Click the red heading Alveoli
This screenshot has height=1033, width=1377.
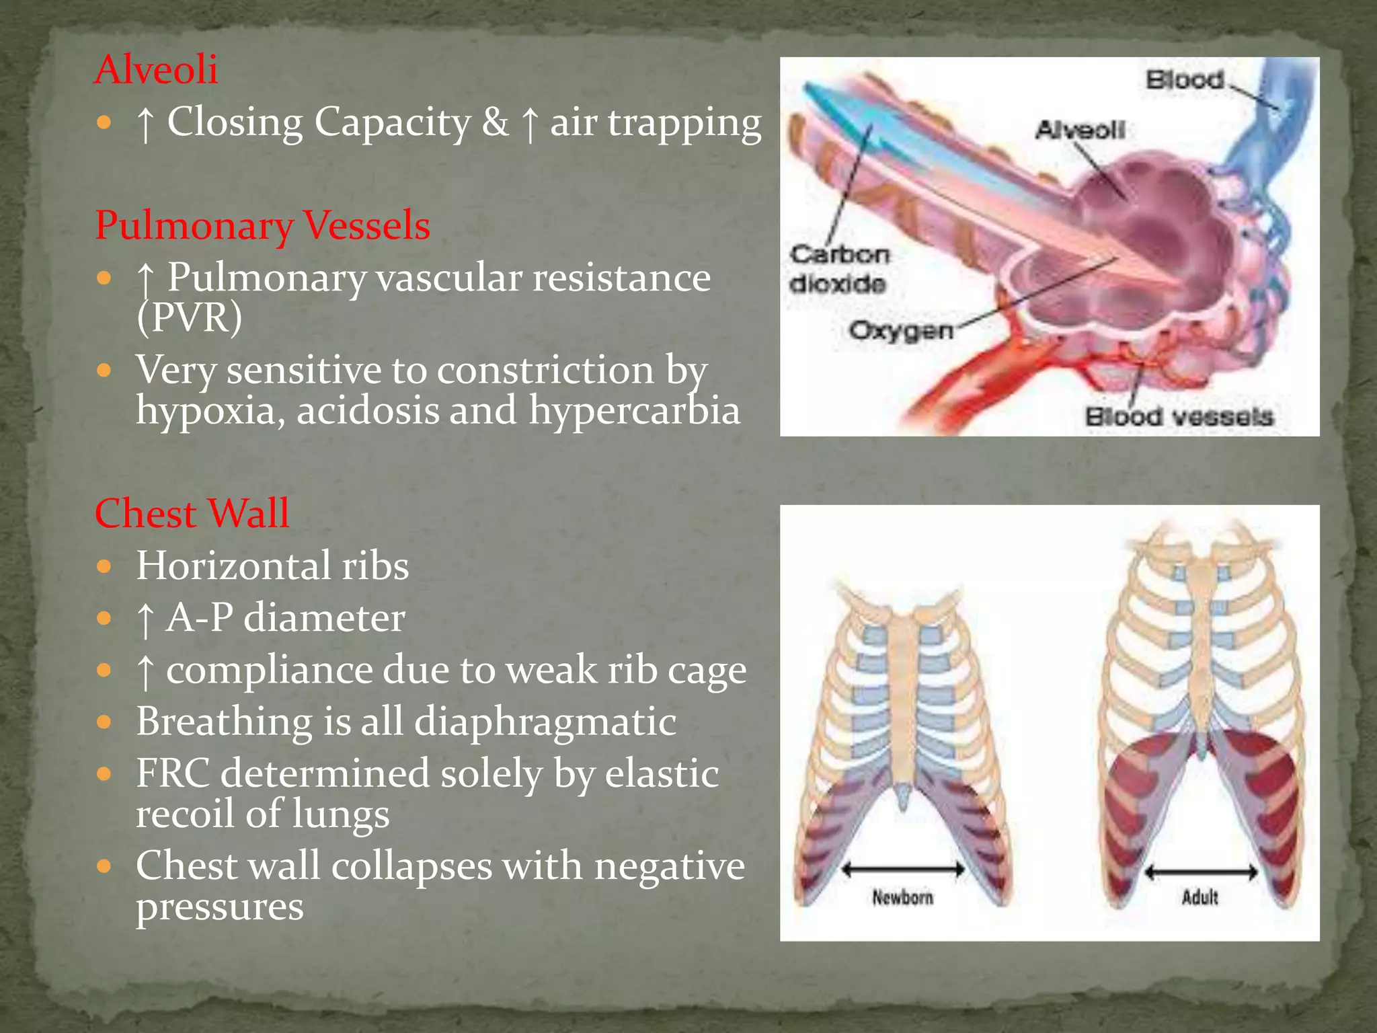(156, 69)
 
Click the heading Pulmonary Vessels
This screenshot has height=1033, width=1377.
(262, 225)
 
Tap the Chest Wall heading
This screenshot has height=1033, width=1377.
(192, 513)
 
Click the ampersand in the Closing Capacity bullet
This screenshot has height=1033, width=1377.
(495, 122)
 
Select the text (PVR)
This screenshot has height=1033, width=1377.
(189, 317)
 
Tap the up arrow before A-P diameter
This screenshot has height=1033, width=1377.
(145, 619)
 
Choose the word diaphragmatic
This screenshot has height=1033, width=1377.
(545, 722)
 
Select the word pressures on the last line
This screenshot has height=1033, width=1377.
(219, 906)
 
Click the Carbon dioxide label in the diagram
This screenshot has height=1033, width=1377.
(838, 269)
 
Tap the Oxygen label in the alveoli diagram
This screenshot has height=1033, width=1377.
(900, 330)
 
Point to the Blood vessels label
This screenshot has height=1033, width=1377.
(1179, 416)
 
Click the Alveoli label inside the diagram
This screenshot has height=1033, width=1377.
(1079, 129)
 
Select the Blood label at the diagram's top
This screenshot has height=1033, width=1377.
(1185, 80)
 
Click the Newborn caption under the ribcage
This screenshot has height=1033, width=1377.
(902, 897)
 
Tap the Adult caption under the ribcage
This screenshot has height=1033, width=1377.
(1199, 897)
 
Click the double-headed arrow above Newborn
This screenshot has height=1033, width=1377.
(903, 870)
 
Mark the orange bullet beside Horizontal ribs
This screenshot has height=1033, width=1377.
(104, 566)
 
